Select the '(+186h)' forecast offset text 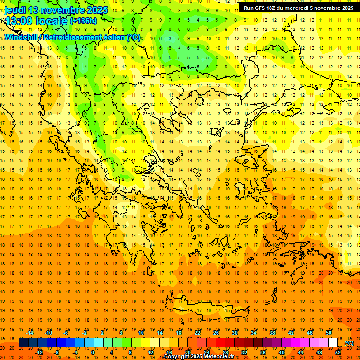point(83,21)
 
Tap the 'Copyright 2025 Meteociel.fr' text point(199,357)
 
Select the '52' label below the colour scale point(338,352)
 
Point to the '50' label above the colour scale point(329,333)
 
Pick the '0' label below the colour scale point(92,352)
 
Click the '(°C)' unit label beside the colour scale point(349,343)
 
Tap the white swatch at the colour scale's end point(333,343)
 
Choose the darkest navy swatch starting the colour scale point(23,343)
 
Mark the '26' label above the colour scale point(216,333)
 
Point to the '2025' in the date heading point(97,10)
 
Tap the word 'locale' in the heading point(53,22)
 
